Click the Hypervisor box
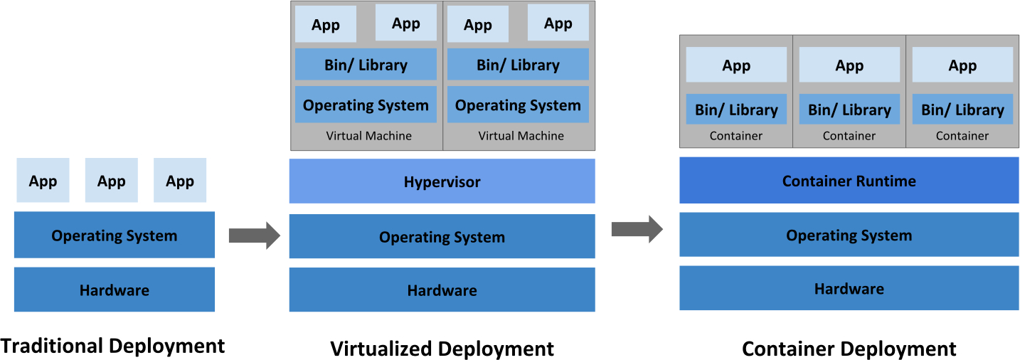442,181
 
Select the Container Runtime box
849,181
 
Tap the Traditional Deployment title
112,346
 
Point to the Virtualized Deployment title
442,349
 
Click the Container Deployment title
849,349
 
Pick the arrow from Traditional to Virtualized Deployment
255,235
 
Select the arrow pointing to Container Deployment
637,229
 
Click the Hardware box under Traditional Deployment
114,290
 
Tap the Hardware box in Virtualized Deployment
442,290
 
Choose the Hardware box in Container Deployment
849,288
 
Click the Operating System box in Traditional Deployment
114,235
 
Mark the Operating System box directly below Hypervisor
442,236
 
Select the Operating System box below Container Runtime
849,235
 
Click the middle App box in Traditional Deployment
112,181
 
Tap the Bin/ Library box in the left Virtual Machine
366,65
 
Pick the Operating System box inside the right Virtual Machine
518,105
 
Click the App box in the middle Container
849,65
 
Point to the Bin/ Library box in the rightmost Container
962,110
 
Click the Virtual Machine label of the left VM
368,136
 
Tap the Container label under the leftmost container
736,136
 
